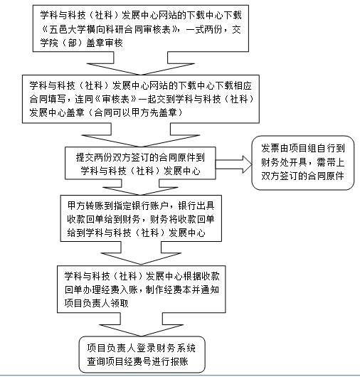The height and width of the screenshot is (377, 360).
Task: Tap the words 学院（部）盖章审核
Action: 82,43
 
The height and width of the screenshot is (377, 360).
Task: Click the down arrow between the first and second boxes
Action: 141,63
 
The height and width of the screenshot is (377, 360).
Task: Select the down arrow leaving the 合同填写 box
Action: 141,135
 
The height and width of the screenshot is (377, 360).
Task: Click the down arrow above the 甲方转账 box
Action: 140,187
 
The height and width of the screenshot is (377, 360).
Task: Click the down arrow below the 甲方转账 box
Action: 141,253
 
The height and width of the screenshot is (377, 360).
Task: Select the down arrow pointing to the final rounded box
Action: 142,324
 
